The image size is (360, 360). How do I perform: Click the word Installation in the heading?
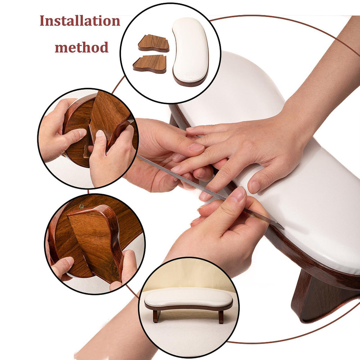coord(80,21)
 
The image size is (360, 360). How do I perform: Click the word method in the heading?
coord(82,47)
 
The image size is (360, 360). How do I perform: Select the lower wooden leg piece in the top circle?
coord(150,64)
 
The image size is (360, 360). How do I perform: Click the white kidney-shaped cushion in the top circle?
coord(191,52)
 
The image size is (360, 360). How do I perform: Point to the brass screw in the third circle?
coord(82,206)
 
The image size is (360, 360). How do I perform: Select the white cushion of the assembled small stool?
coord(188,298)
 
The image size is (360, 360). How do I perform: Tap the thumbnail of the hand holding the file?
coord(238,194)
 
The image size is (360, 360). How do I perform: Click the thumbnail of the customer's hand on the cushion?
coord(254,187)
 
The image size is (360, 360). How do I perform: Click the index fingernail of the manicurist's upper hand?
coord(196,147)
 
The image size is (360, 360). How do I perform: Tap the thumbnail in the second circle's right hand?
coord(99,134)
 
